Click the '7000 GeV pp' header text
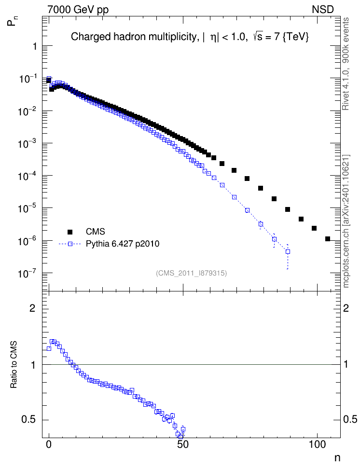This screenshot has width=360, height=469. point(78,10)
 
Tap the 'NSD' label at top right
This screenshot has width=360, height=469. point(322,10)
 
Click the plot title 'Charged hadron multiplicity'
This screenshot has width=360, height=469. point(134,37)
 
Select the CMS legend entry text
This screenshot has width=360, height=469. point(95,232)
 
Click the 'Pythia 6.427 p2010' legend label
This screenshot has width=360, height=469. point(123,244)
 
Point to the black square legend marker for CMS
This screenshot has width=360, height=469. point(70,232)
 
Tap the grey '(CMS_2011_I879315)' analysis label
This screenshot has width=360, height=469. point(191,273)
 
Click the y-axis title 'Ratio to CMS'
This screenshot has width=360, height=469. point(14,365)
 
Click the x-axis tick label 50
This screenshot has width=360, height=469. point(182,444)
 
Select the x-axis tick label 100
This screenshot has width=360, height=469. point(316,444)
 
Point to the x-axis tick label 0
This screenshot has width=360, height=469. point(49,444)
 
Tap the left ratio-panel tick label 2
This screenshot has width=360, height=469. point(32,308)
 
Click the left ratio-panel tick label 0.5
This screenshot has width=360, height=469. point(28,420)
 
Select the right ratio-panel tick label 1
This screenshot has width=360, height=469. point(346,365)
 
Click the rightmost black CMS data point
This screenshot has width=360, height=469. point(327,239)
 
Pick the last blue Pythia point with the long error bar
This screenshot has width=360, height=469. point(288,252)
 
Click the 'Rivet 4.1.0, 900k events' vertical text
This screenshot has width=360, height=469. point(346,64)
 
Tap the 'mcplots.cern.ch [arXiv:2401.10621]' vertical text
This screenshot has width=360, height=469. point(346,221)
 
